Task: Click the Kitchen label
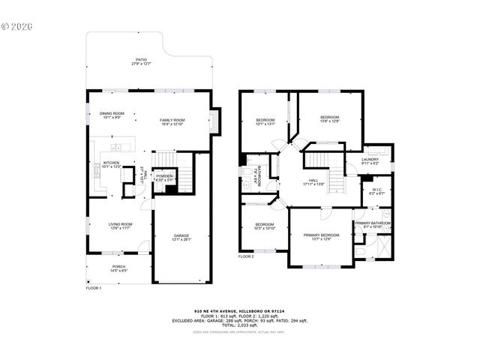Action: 111,164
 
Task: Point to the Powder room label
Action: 164,178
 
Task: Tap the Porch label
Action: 118,268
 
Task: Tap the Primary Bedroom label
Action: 321,237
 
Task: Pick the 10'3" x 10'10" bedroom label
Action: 264,226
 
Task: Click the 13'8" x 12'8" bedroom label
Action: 330,118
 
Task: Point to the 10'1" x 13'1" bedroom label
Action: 266,122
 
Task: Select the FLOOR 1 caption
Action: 94,288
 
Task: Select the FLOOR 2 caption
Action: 247,256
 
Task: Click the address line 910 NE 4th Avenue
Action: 240,310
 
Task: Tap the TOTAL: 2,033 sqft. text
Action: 240,325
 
